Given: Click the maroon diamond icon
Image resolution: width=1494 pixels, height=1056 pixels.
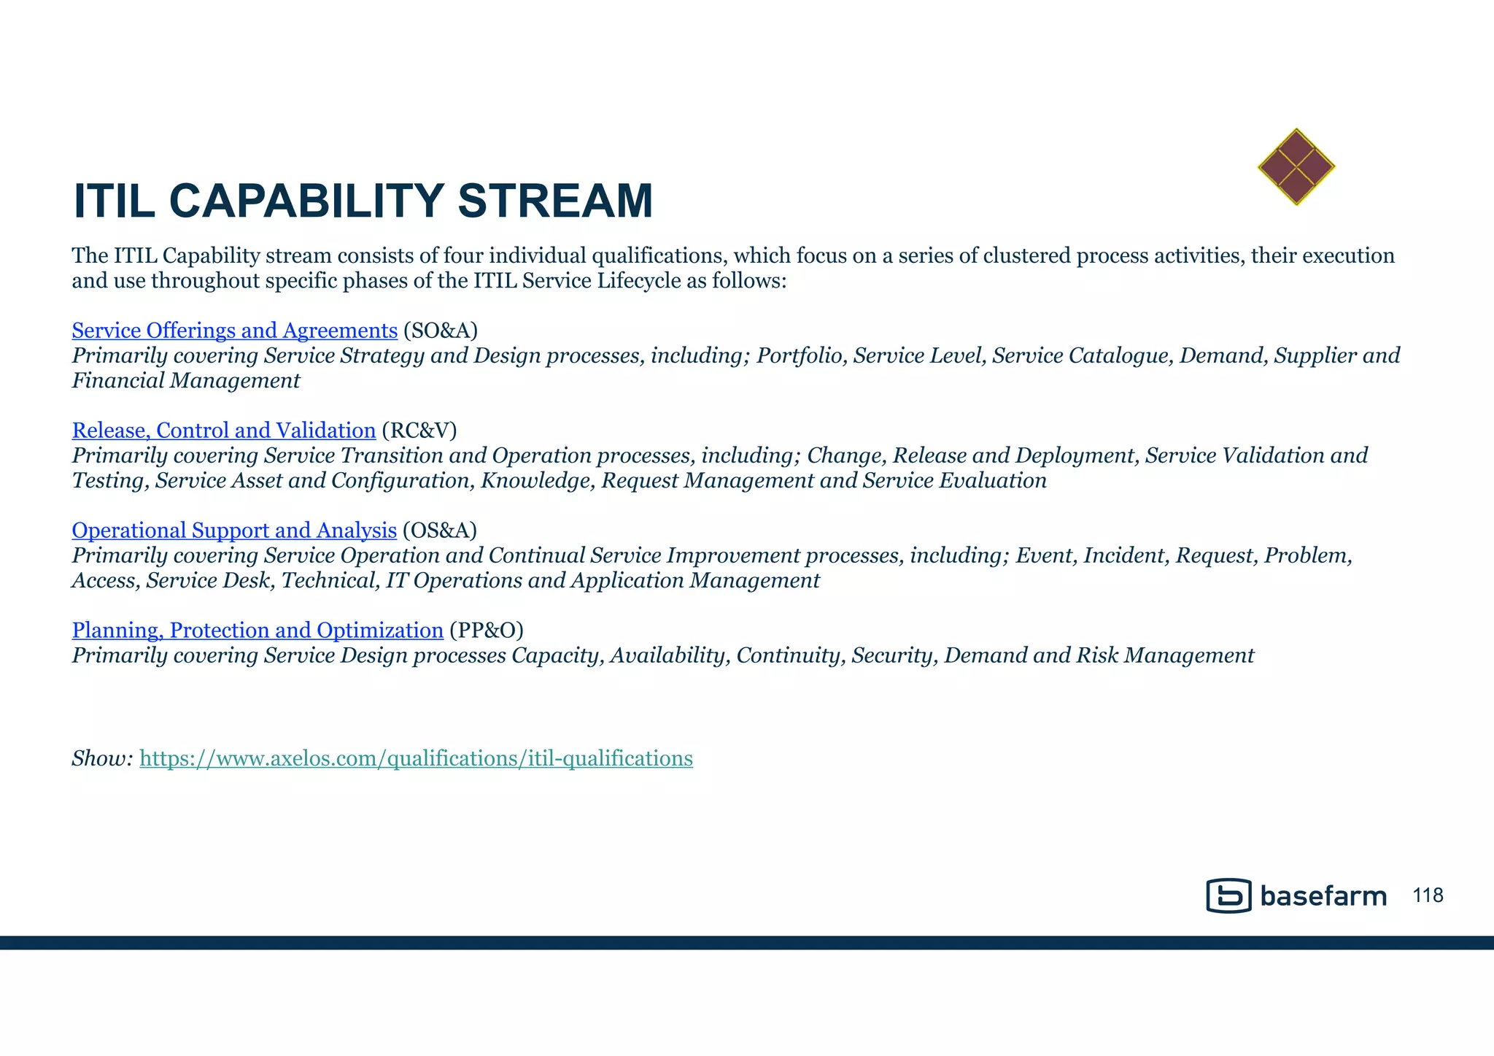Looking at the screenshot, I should (1296, 167).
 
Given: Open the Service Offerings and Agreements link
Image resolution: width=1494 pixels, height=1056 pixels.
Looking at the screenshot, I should (234, 331).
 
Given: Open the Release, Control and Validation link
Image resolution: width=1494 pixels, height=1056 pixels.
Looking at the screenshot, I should (223, 431).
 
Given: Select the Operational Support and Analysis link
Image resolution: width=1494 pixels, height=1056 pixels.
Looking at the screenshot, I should (234, 531).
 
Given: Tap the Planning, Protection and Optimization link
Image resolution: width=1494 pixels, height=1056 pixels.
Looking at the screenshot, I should (258, 630).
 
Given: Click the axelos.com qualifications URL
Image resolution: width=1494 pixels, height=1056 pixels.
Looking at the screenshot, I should (416, 759).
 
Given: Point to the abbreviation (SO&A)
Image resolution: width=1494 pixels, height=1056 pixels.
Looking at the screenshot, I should (440, 331).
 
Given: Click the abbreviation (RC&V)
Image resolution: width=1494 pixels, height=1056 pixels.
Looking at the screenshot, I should (419, 431).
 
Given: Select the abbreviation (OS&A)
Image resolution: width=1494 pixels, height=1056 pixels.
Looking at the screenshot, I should (439, 531).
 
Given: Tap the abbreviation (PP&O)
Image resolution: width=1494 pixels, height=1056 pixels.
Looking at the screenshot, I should (486, 630).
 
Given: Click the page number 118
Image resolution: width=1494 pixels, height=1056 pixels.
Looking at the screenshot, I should (1428, 895).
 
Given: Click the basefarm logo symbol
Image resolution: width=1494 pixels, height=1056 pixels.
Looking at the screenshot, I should (1228, 895).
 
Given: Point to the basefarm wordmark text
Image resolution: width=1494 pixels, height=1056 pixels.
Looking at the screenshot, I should (1323, 896).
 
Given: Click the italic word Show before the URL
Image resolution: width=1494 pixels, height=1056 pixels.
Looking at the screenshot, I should (101, 759).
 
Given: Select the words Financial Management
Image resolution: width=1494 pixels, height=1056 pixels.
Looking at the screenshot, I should (185, 381).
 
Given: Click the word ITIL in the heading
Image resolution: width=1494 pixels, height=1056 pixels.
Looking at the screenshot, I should (114, 201).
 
